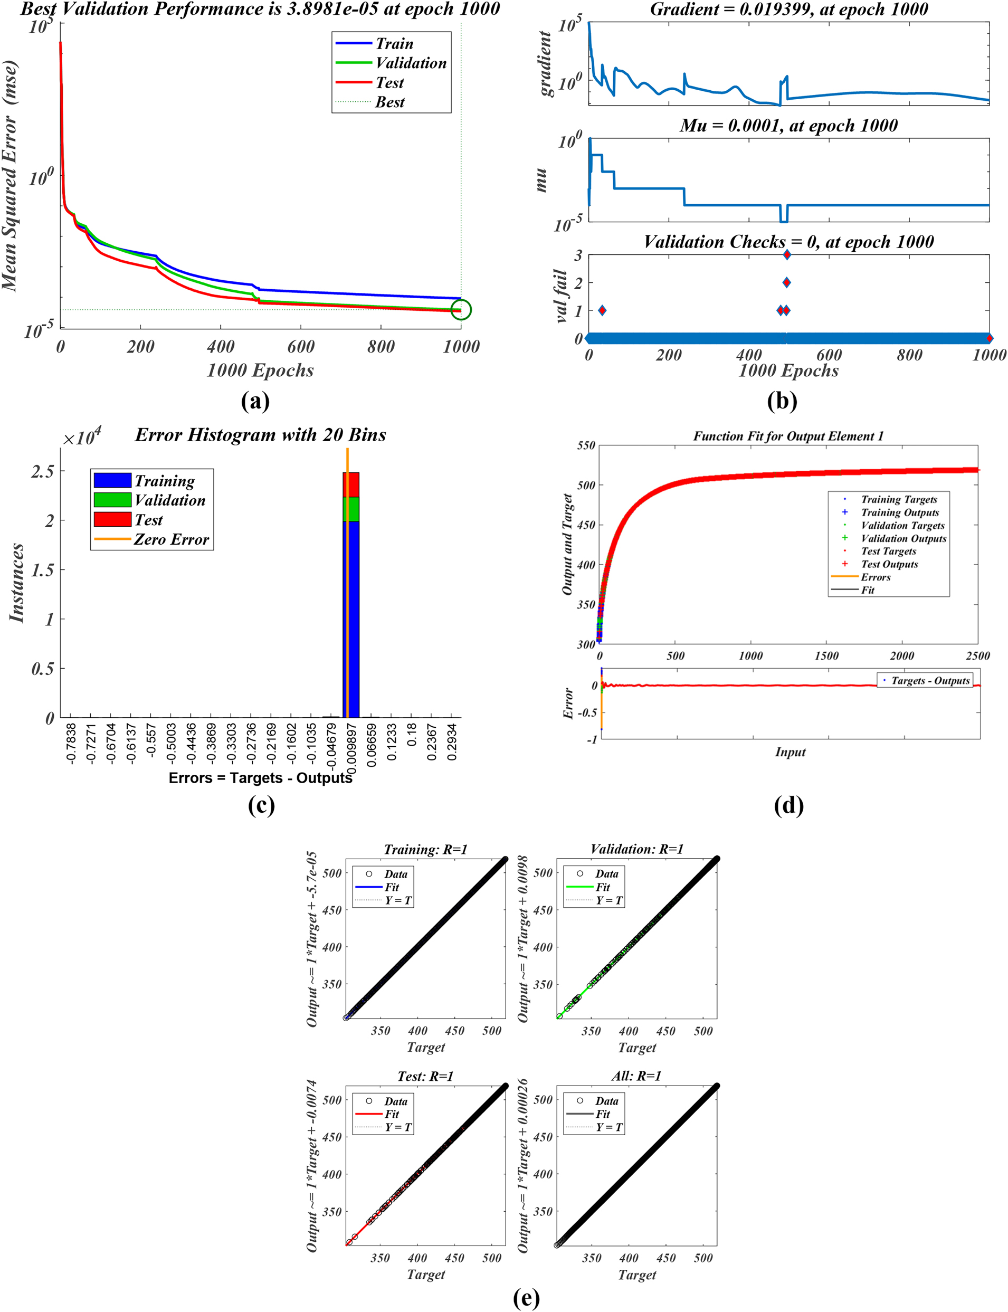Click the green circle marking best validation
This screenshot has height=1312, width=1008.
[461, 310]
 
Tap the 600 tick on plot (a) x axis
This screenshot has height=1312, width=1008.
[301, 347]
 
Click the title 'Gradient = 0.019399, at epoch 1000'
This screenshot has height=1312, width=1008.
[788, 9]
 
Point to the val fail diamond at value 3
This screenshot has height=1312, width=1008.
[786, 255]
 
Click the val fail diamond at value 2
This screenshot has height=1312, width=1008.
[786, 282]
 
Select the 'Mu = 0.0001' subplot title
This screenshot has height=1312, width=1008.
[788, 126]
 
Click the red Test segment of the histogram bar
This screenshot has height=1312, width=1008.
[351, 484]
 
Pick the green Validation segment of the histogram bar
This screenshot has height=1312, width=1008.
[351, 509]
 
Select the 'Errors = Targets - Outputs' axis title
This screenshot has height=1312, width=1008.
[260, 778]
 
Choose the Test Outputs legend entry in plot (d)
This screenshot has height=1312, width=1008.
[889, 564]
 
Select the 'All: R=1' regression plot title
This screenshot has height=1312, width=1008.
[636, 1076]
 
